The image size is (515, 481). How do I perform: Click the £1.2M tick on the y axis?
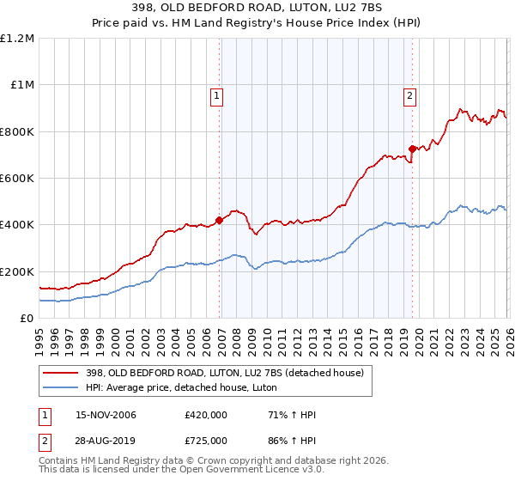[17, 39]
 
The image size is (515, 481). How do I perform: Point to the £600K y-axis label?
[17, 179]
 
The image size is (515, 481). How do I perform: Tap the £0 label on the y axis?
[26, 318]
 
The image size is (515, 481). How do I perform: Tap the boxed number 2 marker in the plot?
[410, 96]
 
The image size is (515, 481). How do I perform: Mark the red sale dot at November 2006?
[219, 220]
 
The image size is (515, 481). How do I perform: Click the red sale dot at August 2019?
[412, 149]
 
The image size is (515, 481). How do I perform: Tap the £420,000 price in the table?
[206, 415]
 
